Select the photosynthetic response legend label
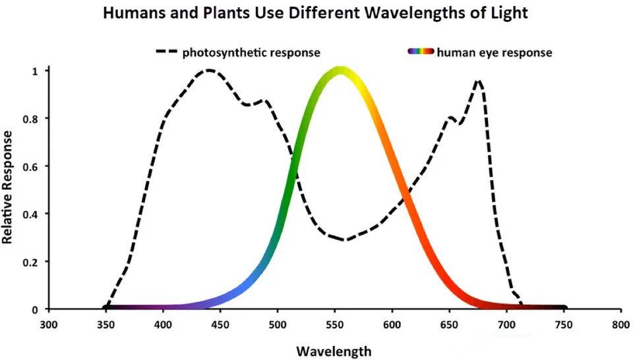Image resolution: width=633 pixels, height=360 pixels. (251, 53)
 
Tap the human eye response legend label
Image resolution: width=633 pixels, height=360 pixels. (494, 53)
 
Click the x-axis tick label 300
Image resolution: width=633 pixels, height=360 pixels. (49, 324)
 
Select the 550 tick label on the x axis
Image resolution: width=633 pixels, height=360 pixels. (334, 324)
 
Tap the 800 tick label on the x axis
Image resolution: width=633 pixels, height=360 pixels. (620, 324)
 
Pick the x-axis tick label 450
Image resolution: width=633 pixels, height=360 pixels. (220, 324)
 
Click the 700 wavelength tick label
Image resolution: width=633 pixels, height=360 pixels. (506, 324)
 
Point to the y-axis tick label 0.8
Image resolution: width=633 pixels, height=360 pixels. (31, 119)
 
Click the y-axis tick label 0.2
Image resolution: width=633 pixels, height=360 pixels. (31, 262)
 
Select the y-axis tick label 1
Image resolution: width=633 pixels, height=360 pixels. (36, 71)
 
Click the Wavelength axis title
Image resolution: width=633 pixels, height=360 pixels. (334, 351)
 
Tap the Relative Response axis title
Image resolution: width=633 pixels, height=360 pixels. (8, 187)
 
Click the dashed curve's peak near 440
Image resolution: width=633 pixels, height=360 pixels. (209, 70)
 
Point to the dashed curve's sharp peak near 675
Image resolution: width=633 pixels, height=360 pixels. (478, 81)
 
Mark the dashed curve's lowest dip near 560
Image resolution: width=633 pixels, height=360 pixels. (344, 240)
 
